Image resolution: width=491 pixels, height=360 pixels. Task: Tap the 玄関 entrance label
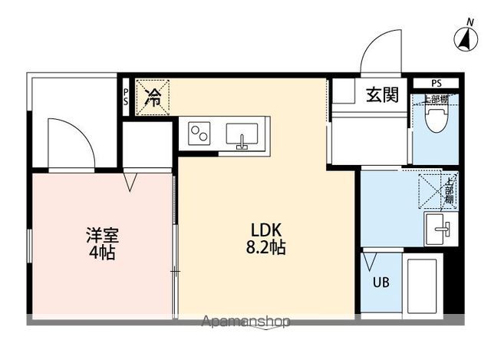pos(381,94)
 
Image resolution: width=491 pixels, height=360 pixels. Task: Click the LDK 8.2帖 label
pos(268,238)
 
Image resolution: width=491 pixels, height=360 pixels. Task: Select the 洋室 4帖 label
pos(101,243)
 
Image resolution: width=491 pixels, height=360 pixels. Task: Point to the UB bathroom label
pos(381,282)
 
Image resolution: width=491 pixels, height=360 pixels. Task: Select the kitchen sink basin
pos(243,135)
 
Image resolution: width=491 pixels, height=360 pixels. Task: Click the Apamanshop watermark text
pos(245,322)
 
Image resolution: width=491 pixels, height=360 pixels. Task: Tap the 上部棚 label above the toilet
pos(436,100)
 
